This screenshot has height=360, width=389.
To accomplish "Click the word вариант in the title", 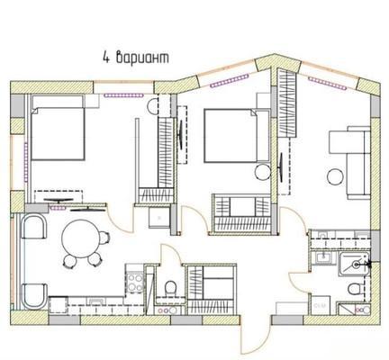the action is coord(142,58).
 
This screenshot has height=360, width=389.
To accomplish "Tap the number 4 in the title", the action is coord(105,58).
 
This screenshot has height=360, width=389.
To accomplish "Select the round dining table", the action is coord(80,238).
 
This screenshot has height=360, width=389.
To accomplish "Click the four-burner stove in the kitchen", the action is coord(135,283).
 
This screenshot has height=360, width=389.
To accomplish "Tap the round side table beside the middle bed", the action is coord(263,173).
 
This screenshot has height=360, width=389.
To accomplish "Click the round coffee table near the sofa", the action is coord(335,177).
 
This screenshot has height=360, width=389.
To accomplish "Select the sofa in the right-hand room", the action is coord(358,163).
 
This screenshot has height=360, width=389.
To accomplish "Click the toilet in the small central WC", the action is coord(170,288).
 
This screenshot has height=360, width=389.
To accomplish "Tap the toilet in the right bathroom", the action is coord(354,289).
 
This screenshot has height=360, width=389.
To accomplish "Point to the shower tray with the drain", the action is coord(354,264).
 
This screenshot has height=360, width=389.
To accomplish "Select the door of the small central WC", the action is coord(170,255).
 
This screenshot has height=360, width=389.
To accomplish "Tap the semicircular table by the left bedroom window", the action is coord(152,106).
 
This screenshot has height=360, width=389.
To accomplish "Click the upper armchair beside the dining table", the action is coord(34,227).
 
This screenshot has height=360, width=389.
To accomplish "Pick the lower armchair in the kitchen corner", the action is coord(34,296).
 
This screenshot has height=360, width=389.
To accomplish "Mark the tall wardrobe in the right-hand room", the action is coord(286,103).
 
